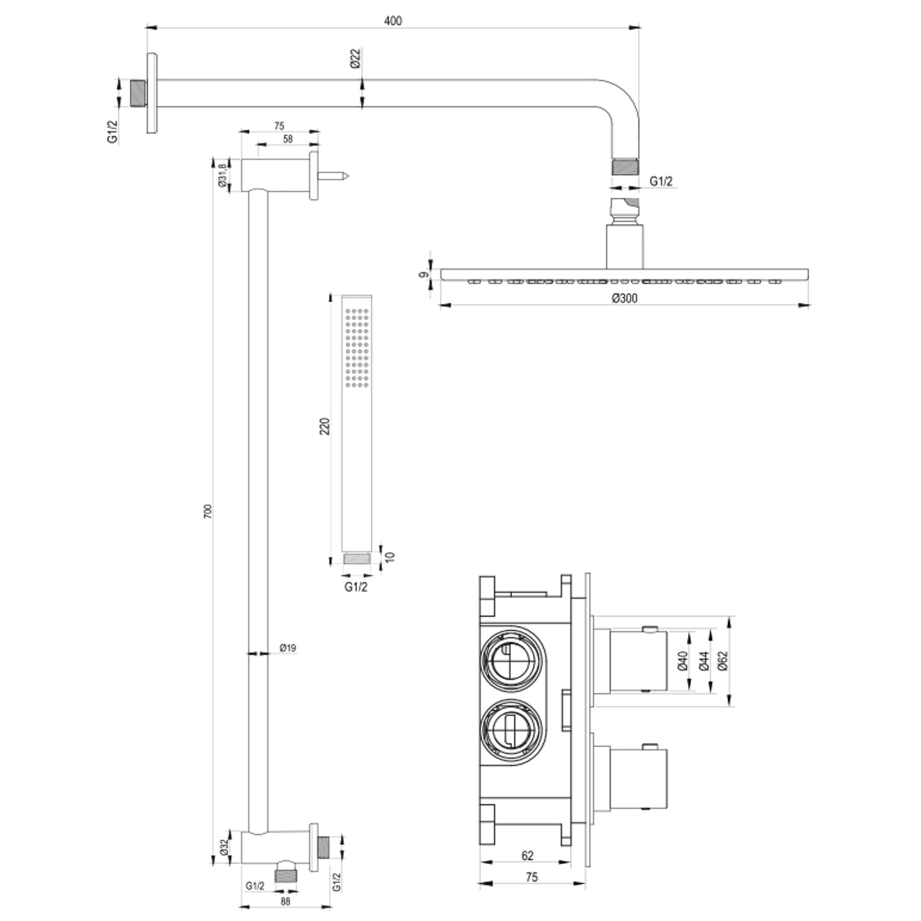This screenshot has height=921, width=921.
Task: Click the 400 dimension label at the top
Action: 393,21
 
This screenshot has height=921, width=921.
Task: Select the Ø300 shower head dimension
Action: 624,298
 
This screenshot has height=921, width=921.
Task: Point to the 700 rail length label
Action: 208,511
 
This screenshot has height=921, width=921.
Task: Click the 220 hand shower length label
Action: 325,426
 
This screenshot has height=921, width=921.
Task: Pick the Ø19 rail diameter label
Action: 288,648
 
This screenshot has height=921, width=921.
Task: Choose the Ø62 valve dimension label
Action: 722,660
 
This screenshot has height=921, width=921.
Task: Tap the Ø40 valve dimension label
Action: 682,660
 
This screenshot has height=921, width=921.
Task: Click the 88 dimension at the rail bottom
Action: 285,901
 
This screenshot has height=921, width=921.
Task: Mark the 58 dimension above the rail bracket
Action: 288,139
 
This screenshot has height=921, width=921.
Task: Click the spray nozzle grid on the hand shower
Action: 357,348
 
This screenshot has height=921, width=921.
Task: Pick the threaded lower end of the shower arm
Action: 625,166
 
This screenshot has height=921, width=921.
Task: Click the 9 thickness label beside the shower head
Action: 423,274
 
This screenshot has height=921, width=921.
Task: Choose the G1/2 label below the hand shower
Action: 356,587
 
